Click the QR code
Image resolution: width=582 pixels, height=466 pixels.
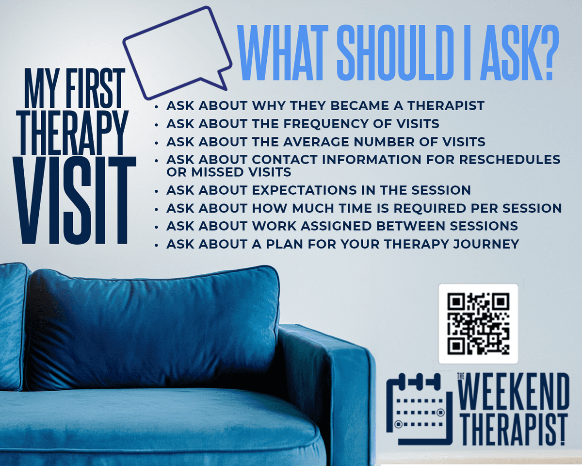pos(478,324)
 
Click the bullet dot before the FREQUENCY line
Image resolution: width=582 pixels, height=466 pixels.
pos(156,124)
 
